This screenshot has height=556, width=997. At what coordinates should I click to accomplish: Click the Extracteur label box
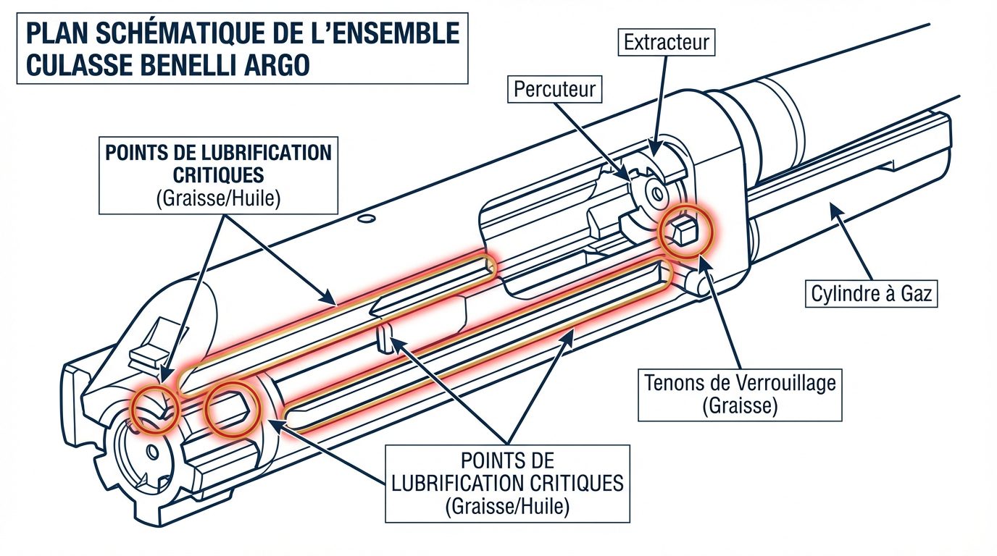click(x=667, y=43)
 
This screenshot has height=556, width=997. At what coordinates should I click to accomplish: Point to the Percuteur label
click(x=554, y=89)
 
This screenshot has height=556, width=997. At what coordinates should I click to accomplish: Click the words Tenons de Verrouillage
click(x=740, y=383)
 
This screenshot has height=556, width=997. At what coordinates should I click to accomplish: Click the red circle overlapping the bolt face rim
click(x=154, y=409)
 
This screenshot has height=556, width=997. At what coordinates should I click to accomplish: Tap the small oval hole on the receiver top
click(x=367, y=217)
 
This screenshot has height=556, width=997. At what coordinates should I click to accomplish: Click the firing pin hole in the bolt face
click(x=151, y=452)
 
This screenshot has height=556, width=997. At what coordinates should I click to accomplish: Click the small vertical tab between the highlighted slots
click(x=385, y=337)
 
